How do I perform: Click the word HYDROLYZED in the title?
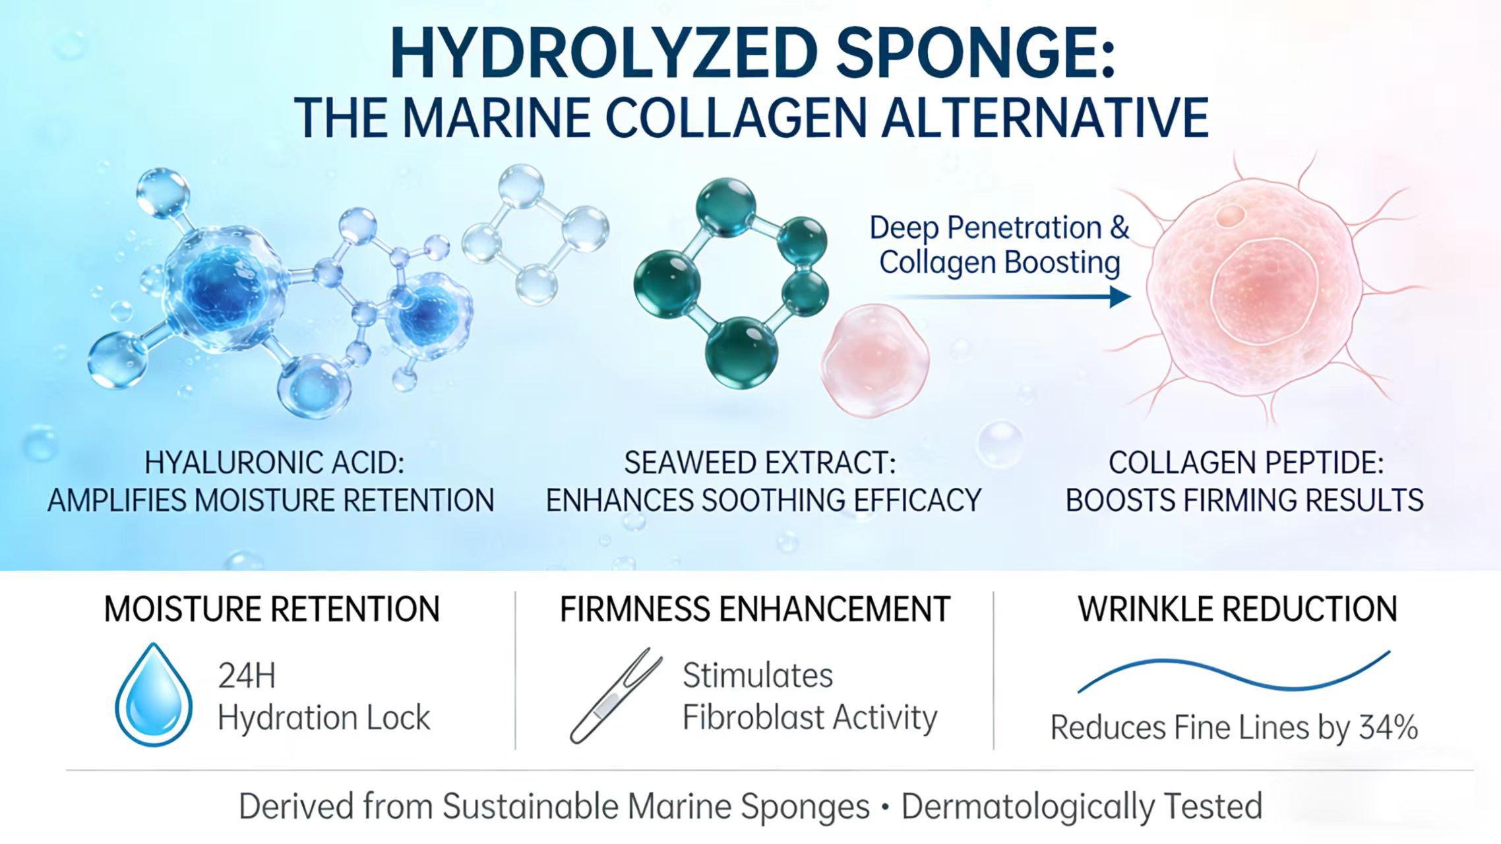[x=603, y=53]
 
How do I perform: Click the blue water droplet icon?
[x=154, y=695]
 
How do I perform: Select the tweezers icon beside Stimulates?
[x=615, y=696]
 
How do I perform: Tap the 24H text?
[x=246, y=676]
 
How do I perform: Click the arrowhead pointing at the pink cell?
[x=1120, y=297]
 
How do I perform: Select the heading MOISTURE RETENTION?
[x=272, y=609]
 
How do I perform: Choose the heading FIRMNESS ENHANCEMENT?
[x=754, y=609]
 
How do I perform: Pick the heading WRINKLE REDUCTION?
[x=1237, y=609]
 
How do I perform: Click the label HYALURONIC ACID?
[x=274, y=463]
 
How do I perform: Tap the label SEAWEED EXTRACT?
[x=760, y=463]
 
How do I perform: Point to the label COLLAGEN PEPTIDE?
[x=1246, y=463]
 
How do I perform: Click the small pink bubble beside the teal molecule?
[x=874, y=360]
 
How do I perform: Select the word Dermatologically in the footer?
[x=1027, y=806]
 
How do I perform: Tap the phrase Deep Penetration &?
[x=998, y=228]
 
